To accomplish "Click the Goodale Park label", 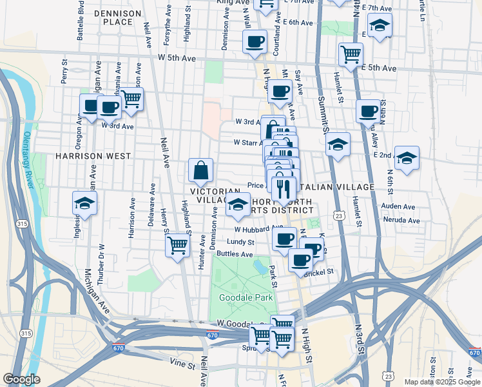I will [246, 297].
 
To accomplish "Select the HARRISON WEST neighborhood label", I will [93, 156].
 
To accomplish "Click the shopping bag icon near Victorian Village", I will [200, 171].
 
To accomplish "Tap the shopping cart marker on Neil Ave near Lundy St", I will [177, 245].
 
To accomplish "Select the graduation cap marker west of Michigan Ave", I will [84, 203].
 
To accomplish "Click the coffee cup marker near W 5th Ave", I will [255, 42].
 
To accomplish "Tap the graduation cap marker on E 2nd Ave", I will [407, 157].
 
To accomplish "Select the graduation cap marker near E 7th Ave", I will [380, 25].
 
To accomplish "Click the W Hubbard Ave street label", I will [258, 228].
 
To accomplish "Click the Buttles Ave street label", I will [235, 254].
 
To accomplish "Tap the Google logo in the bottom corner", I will [21, 379].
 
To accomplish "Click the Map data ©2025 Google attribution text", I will [442, 382].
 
